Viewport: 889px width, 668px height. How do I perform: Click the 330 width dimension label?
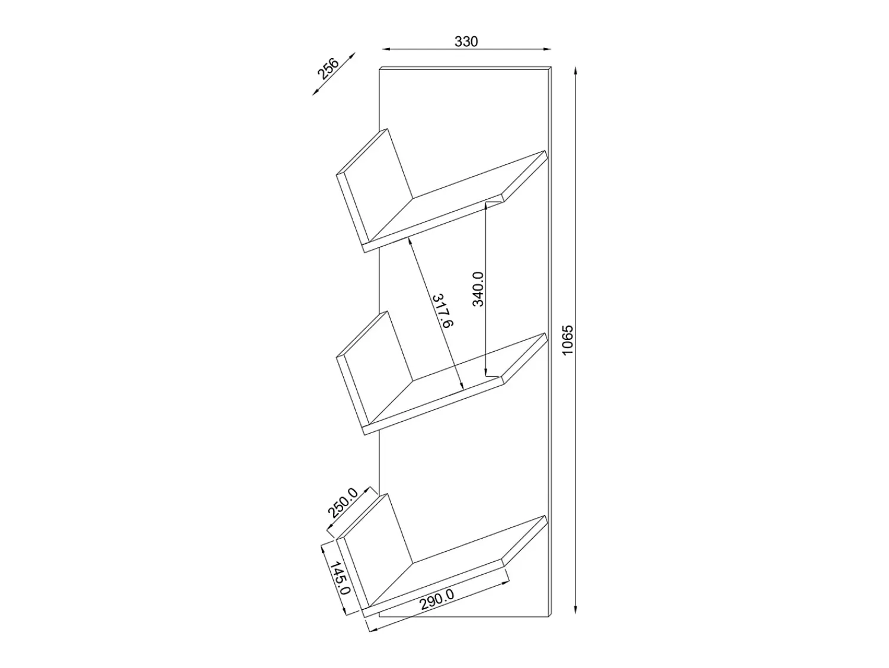[x=466, y=42]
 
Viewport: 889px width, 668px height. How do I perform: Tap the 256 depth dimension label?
[x=328, y=69]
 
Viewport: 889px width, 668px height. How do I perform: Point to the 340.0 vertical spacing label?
[x=478, y=289]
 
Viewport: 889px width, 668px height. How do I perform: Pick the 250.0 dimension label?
[x=343, y=503]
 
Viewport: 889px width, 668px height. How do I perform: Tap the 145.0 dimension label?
[x=340, y=578]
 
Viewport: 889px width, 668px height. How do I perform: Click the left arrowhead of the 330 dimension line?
[x=386, y=49]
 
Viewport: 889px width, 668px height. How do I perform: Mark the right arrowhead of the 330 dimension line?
[x=547, y=49]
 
